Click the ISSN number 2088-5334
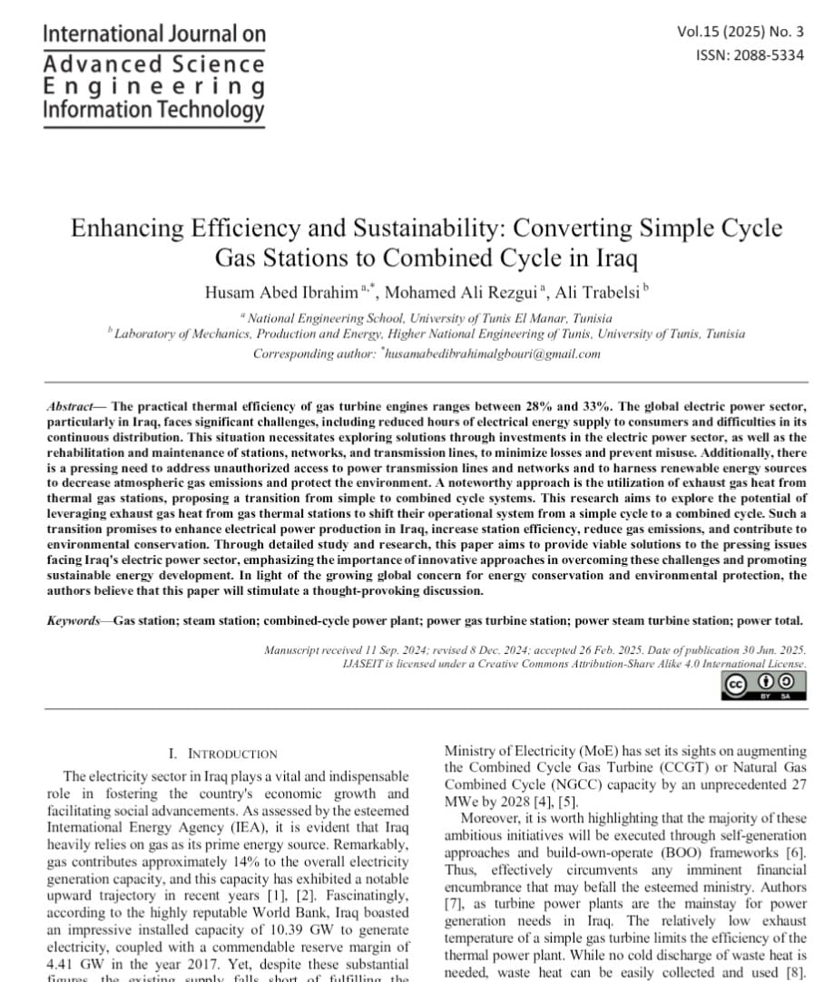pos(750,54)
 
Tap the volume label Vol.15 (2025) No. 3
pos(741,32)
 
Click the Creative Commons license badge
pos(764,685)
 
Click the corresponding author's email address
pos(492,354)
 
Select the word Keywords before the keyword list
pos(74,620)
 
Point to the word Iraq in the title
pos(613,259)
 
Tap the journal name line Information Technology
pos(153,110)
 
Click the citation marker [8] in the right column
pos(796,970)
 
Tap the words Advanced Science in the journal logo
pos(153,64)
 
